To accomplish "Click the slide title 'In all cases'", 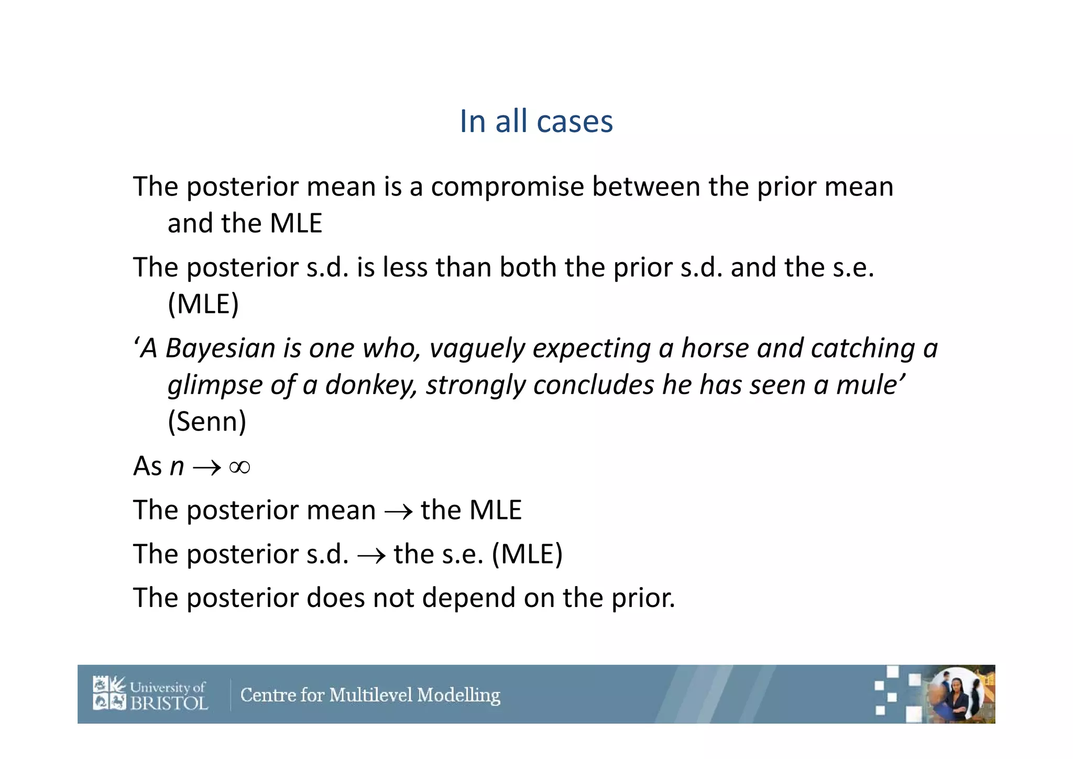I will (x=536, y=122).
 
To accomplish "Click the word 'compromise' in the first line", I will (x=507, y=187).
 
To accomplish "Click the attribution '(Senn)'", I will (x=206, y=421).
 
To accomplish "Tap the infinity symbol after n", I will (x=239, y=467).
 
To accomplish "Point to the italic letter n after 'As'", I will (x=177, y=467).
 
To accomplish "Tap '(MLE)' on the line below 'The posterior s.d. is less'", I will (x=203, y=304).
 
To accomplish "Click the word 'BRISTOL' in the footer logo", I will (x=169, y=703).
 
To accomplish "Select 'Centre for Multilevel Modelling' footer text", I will (x=370, y=695).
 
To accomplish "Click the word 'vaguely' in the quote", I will (x=477, y=349).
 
